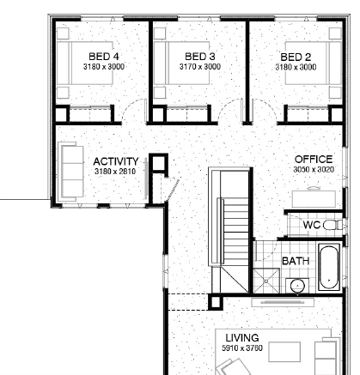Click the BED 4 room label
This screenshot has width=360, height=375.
104,57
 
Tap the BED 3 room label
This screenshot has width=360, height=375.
200,57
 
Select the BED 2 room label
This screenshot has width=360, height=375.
296,57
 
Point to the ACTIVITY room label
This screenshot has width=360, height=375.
116,161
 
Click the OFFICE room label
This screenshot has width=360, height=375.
314,160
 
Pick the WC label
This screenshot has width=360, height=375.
312,225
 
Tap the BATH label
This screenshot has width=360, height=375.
296,261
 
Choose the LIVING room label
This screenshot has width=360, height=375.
242,338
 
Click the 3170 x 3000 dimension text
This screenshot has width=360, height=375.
200,67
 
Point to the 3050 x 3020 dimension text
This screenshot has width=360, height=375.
314,170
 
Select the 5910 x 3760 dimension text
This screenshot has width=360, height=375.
242,348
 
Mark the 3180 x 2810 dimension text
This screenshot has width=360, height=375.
115,172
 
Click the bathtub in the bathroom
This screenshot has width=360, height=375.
329,267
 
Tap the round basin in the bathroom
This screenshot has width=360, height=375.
297,286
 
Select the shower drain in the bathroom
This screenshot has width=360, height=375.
266,281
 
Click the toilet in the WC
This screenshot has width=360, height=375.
334,225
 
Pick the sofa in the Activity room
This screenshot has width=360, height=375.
71,172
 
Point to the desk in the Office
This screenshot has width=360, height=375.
314,199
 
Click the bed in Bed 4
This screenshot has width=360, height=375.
85,63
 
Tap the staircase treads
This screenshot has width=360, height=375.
235,232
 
